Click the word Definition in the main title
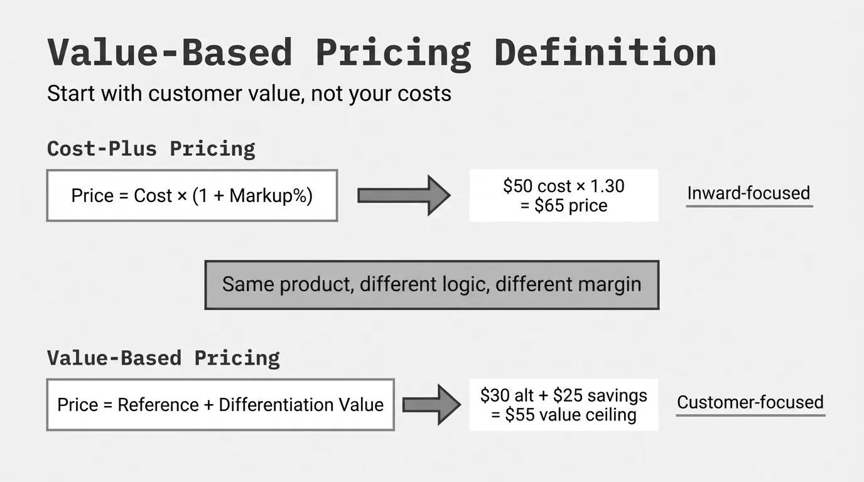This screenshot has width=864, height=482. (x=605, y=52)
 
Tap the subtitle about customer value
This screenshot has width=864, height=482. (x=249, y=94)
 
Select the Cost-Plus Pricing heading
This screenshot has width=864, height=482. (x=151, y=149)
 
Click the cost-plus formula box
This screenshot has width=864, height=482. (x=192, y=196)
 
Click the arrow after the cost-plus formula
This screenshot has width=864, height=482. (x=404, y=196)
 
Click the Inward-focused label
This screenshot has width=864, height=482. (x=748, y=193)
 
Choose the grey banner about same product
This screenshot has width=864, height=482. (x=431, y=285)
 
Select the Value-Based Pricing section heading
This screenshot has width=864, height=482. (x=163, y=358)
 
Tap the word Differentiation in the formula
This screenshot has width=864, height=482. (x=276, y=405)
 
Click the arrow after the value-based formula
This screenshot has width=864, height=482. (x=431, y=405)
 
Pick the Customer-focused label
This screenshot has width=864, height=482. (x=750, y=402)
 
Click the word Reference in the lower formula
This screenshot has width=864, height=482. (x=158, y=405)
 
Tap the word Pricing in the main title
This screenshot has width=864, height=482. (x=393, y=53)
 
